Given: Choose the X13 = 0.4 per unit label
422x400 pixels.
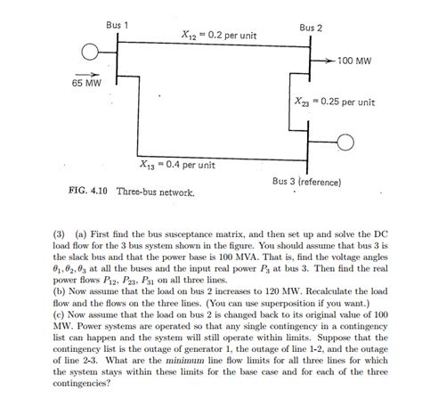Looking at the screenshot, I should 177,165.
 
